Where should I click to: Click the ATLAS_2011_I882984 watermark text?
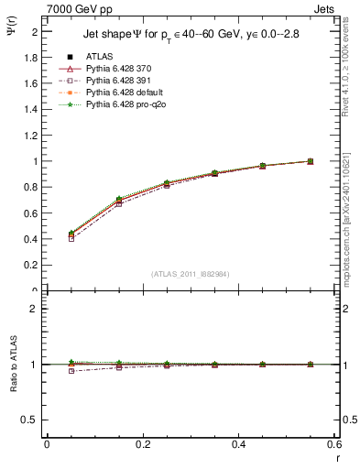click(x=190, y=273)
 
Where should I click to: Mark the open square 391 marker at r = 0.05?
click(x=47, y=238)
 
